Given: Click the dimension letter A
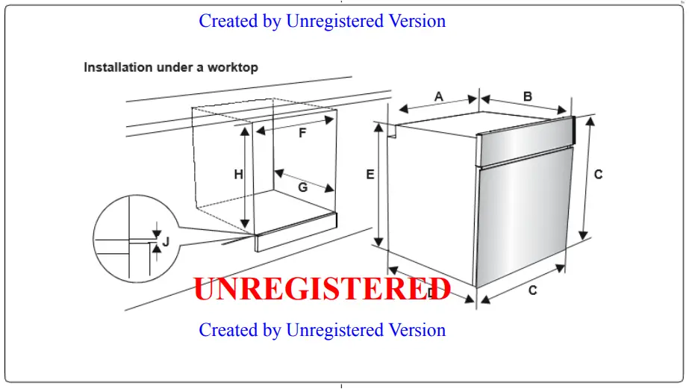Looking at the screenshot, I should pyautogui.click(x=439, y=96).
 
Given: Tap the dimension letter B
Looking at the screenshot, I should pyautogui.click(x=527, y=96).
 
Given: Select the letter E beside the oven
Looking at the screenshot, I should pyautogui.click(x=370, y=174).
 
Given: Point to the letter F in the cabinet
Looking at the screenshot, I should pyautogui.click(x=302, y=134).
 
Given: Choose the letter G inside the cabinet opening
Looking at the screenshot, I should pyautogui.click(x=303, y=187).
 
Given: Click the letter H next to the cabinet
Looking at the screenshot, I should pyautogui.click(x=238, y=175).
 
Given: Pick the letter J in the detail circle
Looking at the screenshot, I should pyautogui.click(x=166, y=241).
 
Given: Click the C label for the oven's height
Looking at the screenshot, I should pyautogui.click(x=598, y=174).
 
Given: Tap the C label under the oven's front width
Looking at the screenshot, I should pyautogui.click(x=533, y=290).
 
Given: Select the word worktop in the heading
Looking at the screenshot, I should pyautogui.click(x=234, y=67).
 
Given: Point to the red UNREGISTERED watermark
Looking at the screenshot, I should pyautogui.click(x=322, y=289).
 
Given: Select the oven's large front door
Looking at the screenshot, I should pyautogui.click(x=523, y=217).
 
